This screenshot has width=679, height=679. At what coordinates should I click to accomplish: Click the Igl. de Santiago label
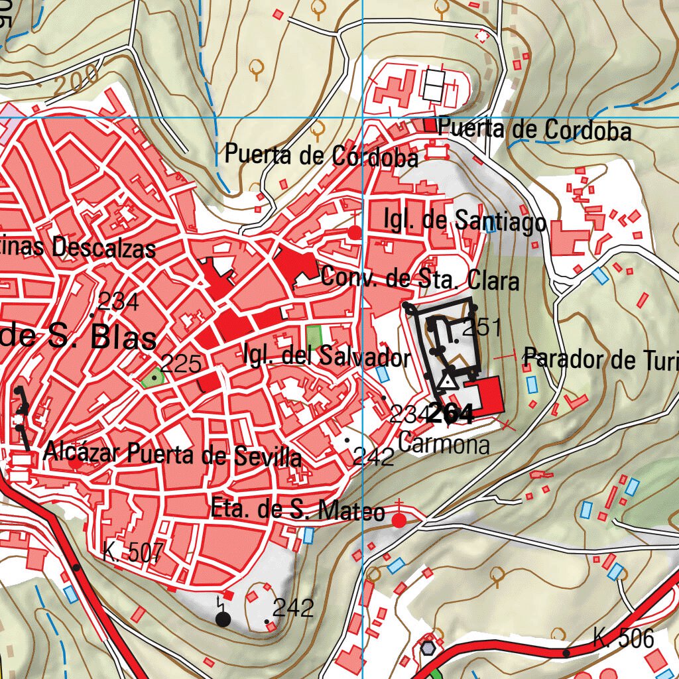click(465, 221)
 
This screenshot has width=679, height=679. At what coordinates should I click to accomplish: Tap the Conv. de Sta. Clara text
click(420, 278)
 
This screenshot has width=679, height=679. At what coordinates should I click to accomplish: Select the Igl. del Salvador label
click(326, 357)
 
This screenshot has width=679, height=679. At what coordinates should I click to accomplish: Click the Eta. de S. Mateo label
click(297, 510)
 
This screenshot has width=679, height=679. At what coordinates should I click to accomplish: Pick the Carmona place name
click(444, 444)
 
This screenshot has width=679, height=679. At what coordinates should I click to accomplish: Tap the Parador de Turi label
click(601, 359)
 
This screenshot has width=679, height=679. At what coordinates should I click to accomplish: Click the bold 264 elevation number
click(451, 413)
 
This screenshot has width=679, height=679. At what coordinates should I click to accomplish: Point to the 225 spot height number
click(181, 363)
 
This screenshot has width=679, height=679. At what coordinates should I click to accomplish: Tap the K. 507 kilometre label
click(133, 552)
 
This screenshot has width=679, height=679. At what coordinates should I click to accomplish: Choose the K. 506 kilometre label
click(623, 639)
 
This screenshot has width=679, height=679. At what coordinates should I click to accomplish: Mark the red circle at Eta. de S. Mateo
click(399, 521)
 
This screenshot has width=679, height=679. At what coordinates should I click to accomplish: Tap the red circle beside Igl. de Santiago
click(355, 232)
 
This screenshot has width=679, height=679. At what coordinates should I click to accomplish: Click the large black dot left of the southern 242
click(223, 619)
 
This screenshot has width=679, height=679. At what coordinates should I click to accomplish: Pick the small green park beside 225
click(152, 378)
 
